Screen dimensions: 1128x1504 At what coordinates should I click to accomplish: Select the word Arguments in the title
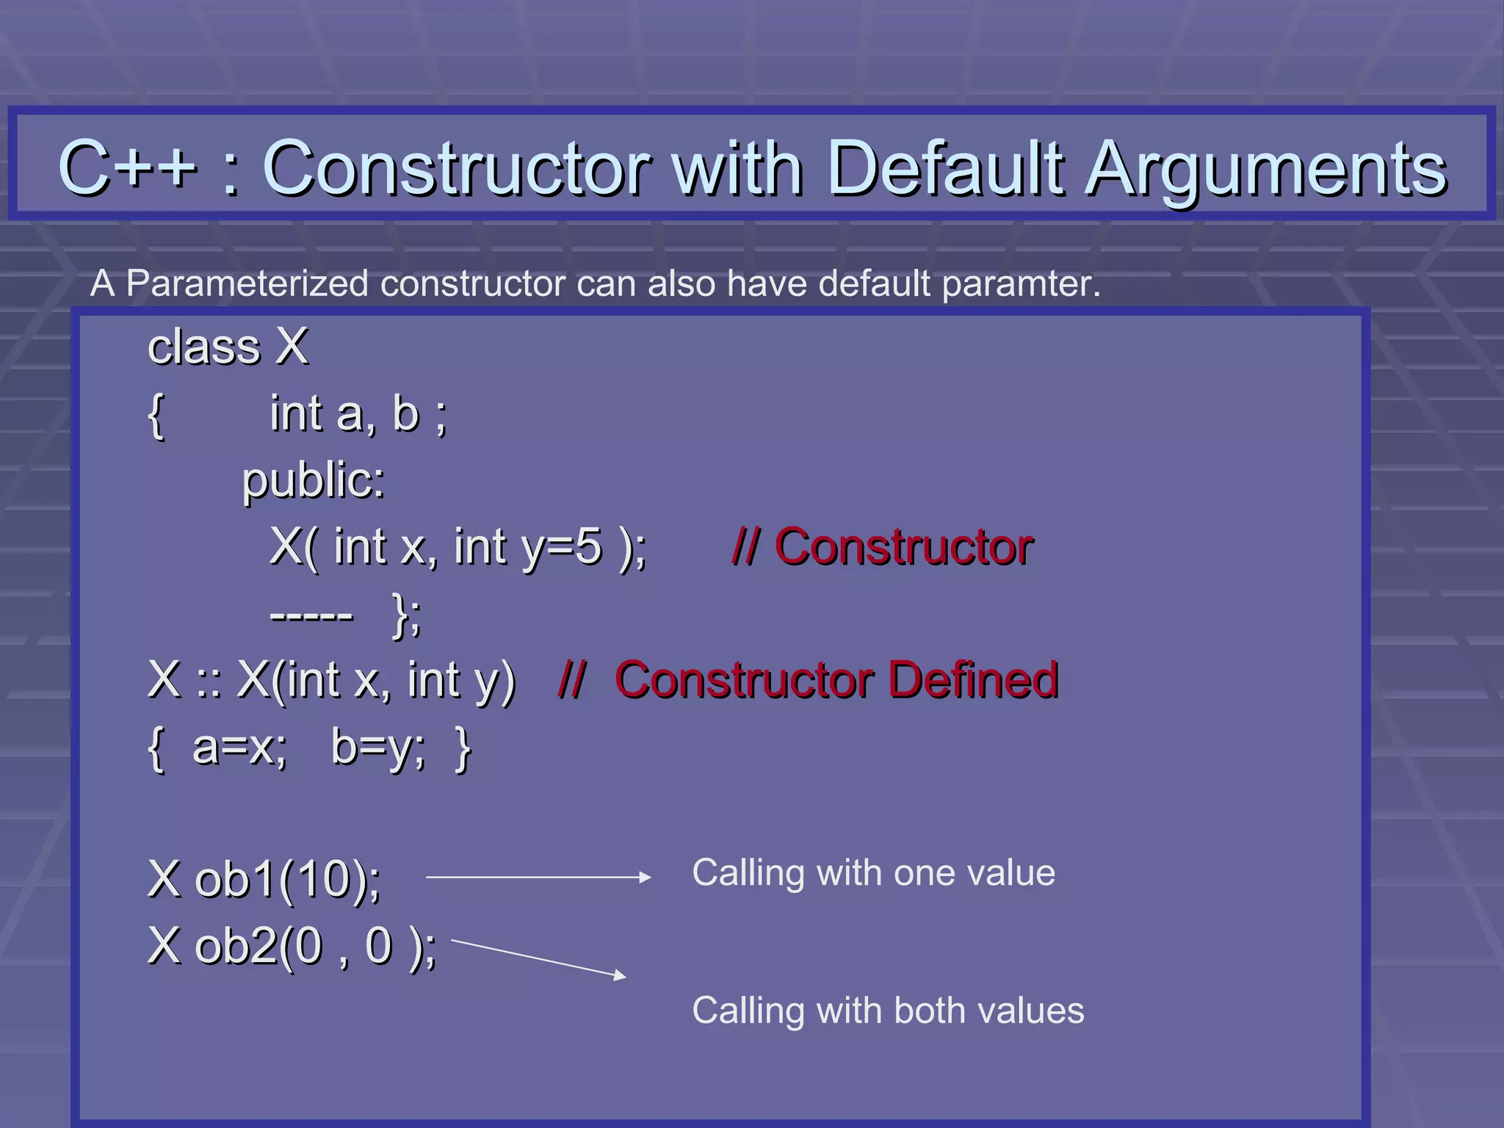[1267, 170]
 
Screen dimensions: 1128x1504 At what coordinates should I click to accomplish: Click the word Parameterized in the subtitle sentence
[247, 283]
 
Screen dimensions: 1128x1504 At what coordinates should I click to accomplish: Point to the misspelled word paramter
[1021, 284]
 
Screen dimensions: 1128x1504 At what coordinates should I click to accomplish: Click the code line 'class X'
[228, 347]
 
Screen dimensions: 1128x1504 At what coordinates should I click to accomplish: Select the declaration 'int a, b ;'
[358, 413]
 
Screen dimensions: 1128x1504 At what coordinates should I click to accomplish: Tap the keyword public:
[314, 481]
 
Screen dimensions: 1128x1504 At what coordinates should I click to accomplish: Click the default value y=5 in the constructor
[561, 548]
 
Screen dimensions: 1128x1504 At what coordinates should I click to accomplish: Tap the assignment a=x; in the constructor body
[239, 748]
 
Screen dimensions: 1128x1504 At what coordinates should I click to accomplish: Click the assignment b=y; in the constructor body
[377, 748]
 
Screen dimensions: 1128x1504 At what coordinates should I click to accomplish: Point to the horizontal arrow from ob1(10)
[538, 877]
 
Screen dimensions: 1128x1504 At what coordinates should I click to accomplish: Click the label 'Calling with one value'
[873, 873]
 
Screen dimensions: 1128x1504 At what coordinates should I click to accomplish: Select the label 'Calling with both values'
[888, 1010]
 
